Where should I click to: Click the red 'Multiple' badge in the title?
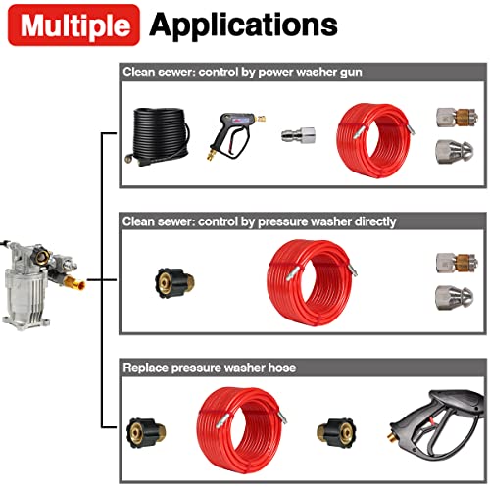point(73,24)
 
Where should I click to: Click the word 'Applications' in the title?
point(243,25)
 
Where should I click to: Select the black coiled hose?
point(157,136)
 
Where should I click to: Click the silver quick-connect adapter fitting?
point(298,135)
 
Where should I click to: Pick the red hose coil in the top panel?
point(375,140)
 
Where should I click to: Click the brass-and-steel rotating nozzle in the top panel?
point(458,117)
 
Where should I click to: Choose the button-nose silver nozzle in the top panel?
point(455,152)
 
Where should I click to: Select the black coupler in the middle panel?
point(174,283)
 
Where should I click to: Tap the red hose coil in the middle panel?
point(311,282)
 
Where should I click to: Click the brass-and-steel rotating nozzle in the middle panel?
point(458,263)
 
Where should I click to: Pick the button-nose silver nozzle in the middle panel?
point(455,297)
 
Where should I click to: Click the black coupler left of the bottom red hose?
point(146,432)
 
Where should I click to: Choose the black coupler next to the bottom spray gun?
point(336,433)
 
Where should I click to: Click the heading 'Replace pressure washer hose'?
point(210,367)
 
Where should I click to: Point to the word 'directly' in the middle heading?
point(375,221)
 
